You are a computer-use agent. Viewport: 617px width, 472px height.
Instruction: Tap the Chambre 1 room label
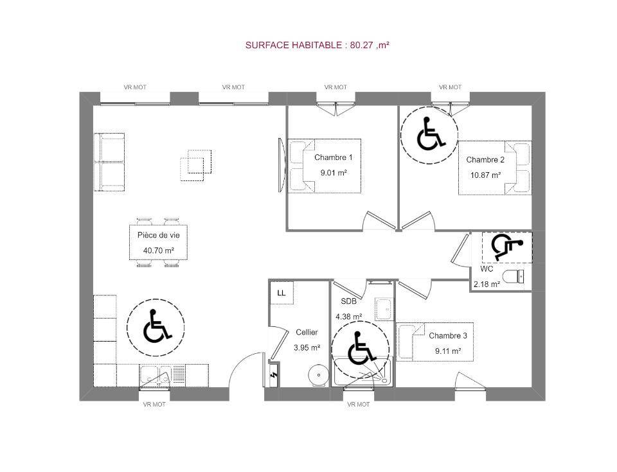(x=334, y=157)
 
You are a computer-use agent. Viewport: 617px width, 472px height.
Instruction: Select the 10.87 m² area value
(x=486, y=175)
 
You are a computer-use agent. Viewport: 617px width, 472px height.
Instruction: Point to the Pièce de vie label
(x=159, y=235)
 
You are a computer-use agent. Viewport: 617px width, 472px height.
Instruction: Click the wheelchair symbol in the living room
(x=157, y=326)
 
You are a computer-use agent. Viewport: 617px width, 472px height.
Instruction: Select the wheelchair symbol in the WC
(x=507, y=247)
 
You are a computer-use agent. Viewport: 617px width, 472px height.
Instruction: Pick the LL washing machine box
(x=282, y=293)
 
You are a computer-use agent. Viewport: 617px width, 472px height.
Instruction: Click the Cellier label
(x=307, y=333)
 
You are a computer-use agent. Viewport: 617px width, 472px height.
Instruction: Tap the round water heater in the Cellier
(x=318, y=375)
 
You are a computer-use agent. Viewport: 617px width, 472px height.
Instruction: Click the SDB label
(x=348, y=301)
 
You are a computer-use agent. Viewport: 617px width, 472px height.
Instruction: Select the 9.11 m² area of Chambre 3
(x=448, y=351)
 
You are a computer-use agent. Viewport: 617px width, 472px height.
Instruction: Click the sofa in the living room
(x=109, y=162)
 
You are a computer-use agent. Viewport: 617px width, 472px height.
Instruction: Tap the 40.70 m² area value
(x=159, y=250)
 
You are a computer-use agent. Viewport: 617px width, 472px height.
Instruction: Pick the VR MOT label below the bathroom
(x=359, y=405)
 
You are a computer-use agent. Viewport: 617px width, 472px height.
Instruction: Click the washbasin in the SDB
(x=384, y=309)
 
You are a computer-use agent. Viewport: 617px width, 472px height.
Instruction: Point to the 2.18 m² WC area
(x=487, y=284)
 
